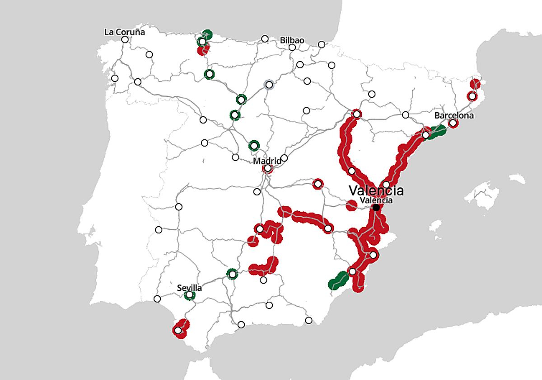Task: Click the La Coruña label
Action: pos(125,32)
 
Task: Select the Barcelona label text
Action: pos(454,116)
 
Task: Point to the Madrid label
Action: pos(268,161)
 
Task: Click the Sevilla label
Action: pos(189,288)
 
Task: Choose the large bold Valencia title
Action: pos(376,190)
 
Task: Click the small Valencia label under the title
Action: pos(376,200)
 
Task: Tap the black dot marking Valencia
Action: pos(376,207)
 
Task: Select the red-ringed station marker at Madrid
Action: pos(268,169)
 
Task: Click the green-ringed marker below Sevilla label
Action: pos(190,295)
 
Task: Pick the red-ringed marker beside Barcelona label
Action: pos(453,123)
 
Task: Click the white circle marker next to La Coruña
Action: pos(125,39)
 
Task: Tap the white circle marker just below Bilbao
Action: pos(292,47)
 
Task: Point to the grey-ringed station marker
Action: pos(269,85)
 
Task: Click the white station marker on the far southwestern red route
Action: pos(178,331)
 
